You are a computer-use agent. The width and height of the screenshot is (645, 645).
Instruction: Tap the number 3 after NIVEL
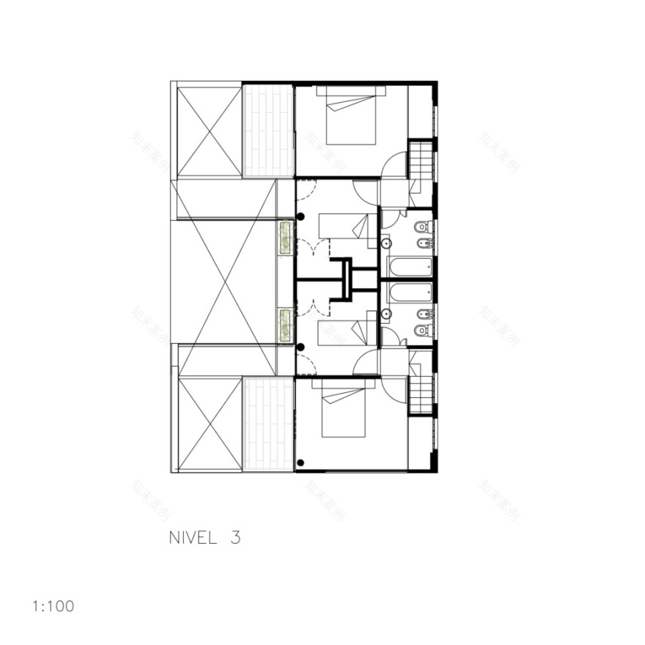tap(235, 537)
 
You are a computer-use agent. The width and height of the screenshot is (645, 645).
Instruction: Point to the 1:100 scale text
tap(53, 606)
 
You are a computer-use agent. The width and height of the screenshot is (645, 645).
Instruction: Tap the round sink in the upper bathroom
tap(386, 243)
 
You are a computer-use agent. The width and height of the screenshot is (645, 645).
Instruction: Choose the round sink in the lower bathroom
tap(386, 315)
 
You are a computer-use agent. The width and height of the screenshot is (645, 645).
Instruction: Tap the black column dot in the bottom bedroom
tap(301, 462)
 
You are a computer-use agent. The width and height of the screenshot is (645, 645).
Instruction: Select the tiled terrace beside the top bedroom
tap(268, 131)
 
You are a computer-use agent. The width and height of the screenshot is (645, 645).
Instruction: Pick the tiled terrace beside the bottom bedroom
tap(268, 424)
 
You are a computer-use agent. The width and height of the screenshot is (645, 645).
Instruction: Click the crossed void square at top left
tap(210, 131)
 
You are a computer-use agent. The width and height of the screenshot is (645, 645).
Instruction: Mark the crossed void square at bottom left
tap(210, 424)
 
